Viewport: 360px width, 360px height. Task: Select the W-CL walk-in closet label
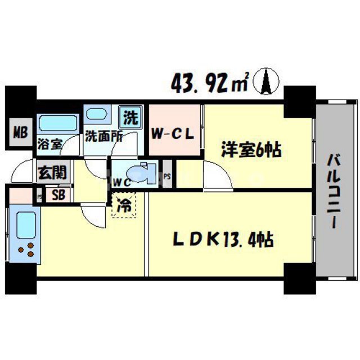[174, 134]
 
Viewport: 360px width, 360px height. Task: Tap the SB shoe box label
[57, 195]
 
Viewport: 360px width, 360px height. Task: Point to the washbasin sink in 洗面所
[99, 116]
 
